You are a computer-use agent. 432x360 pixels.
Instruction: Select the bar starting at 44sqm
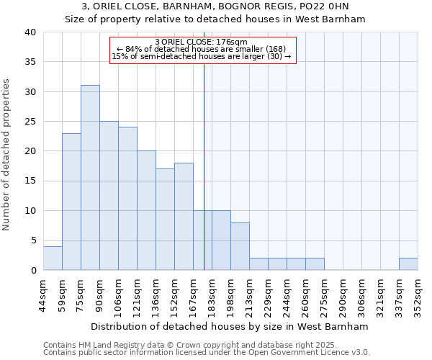(53, 258)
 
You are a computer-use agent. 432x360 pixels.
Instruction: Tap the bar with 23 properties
(71, 202)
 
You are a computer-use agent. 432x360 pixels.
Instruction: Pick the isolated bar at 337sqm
(408, 264)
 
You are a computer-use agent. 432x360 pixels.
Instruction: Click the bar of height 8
(240, 246)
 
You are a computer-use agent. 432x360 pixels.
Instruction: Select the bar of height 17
(165, 220)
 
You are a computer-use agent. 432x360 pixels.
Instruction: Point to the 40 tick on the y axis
(30, 32)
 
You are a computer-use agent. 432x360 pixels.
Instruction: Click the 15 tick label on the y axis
(30, 181)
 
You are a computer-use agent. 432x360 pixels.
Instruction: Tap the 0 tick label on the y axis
(33, 270)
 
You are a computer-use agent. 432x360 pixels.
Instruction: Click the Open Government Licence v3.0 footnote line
(207, 353)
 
